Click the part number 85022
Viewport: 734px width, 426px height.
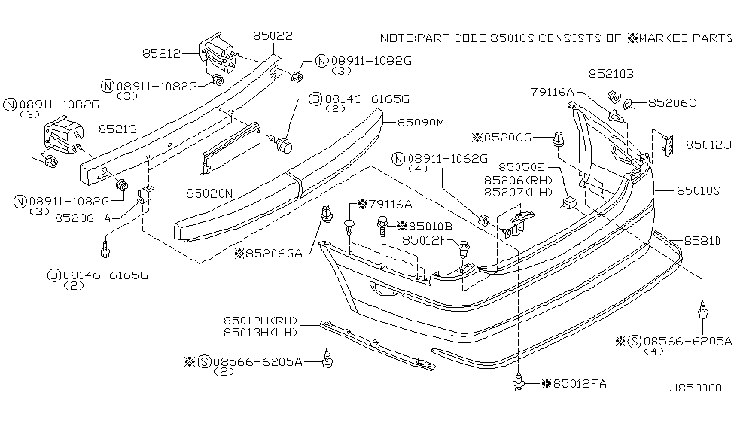click(x=273, y=35)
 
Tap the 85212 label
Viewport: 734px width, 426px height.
click(x=160, y=53)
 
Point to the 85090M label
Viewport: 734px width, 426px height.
click(x=422, y=121)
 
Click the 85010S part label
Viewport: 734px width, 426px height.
click(x=686, y=191)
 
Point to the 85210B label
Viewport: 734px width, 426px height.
click(x=611, y=74)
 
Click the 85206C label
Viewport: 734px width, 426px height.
click(x=672, y=102)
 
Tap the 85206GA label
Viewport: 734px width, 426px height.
click(x=274, y=254)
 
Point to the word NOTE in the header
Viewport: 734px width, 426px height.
click(x=397, y=37)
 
